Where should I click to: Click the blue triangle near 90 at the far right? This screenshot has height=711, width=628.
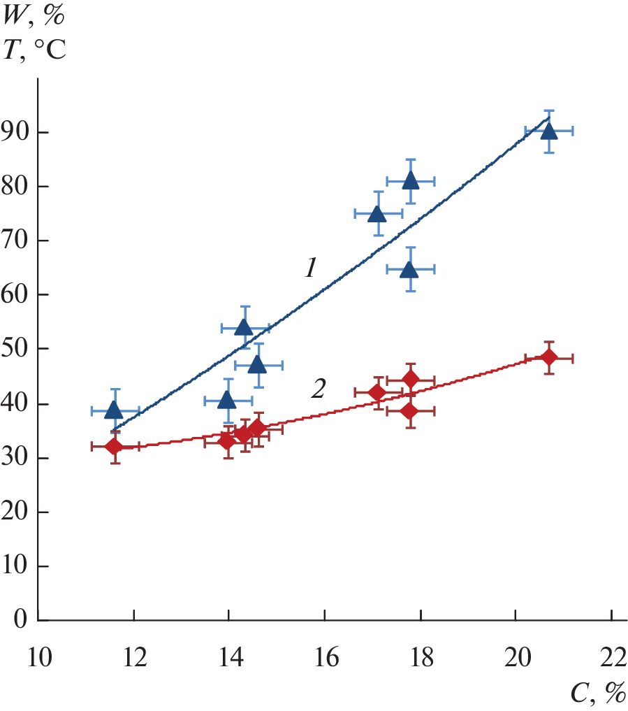549,131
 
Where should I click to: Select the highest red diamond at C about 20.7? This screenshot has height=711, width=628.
549,357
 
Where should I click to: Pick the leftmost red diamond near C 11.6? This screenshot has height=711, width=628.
115,446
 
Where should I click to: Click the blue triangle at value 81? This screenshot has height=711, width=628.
411,180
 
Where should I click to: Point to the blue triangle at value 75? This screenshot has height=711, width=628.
378,213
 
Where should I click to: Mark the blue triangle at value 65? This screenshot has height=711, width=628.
410,268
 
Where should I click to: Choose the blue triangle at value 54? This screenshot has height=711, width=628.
244,327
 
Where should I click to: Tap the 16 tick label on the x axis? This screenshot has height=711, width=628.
324,659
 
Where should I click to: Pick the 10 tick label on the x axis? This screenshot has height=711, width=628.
39,659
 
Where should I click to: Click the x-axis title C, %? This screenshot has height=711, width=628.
598,693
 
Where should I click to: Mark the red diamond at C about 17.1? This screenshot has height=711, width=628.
377,393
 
